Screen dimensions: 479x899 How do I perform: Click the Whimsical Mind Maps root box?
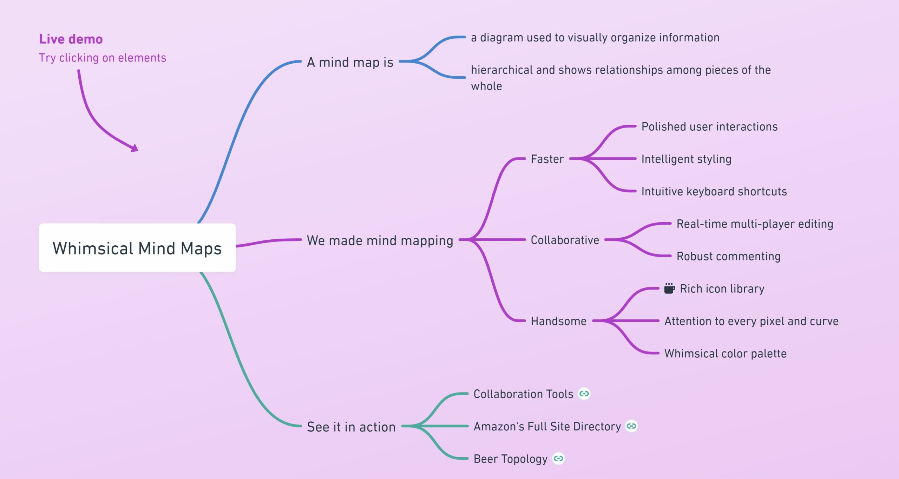pos(137,248)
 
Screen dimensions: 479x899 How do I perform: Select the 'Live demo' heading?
pos(71,39)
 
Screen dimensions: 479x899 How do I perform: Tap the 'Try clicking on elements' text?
pos(102,58)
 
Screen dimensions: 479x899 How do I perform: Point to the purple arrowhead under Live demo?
pos(134,148)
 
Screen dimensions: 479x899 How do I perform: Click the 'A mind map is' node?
pos(350,62)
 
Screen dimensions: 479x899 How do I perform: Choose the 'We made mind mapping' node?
pos(380,240)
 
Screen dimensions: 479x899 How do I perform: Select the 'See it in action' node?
pos(351,427)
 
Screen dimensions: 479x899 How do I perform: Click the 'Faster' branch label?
pos(547,159)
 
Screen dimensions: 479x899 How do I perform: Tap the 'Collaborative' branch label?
pos(565,240)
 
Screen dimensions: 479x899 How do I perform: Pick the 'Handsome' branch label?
pos(558,321)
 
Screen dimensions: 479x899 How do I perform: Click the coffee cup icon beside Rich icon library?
pos(669,288)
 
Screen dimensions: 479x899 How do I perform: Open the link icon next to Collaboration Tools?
pos(584,394)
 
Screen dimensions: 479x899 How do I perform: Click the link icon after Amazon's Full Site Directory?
pos(631,426)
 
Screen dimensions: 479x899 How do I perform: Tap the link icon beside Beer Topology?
pos(558,458)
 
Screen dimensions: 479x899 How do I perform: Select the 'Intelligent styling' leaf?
pos(686,159)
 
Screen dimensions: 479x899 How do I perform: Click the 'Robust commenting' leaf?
pos(728,256)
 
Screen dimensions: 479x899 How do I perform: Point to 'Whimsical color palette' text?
pos(725,353)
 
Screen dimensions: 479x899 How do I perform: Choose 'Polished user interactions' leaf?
pos(709,127)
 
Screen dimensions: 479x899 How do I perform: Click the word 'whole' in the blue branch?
pos(486,86)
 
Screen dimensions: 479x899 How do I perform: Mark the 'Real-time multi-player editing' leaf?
pos(755,224)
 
